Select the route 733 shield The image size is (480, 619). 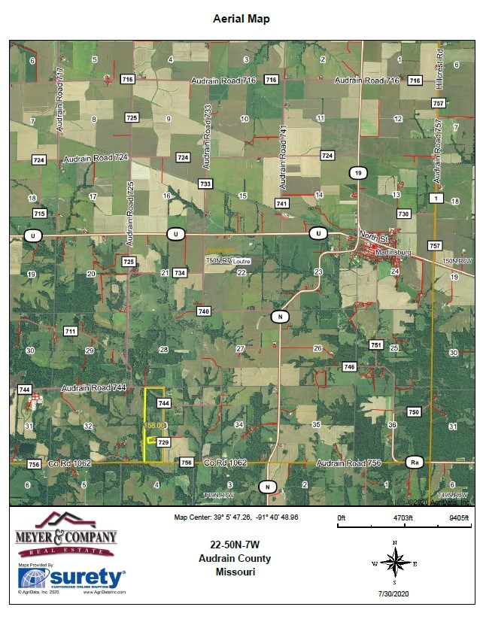tap(205, 184)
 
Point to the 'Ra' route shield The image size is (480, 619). tap(413, 461)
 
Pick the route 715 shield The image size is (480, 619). tap(40, 214)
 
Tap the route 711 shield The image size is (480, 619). tap(71, 331)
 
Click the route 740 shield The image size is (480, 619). tap(202, 311)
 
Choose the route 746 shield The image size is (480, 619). tap(348, 366)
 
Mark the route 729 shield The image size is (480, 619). tap(163, 442)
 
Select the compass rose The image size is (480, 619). tap(393, 561)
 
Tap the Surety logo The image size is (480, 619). tap(72, 578)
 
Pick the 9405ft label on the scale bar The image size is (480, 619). tap(458, 518)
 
